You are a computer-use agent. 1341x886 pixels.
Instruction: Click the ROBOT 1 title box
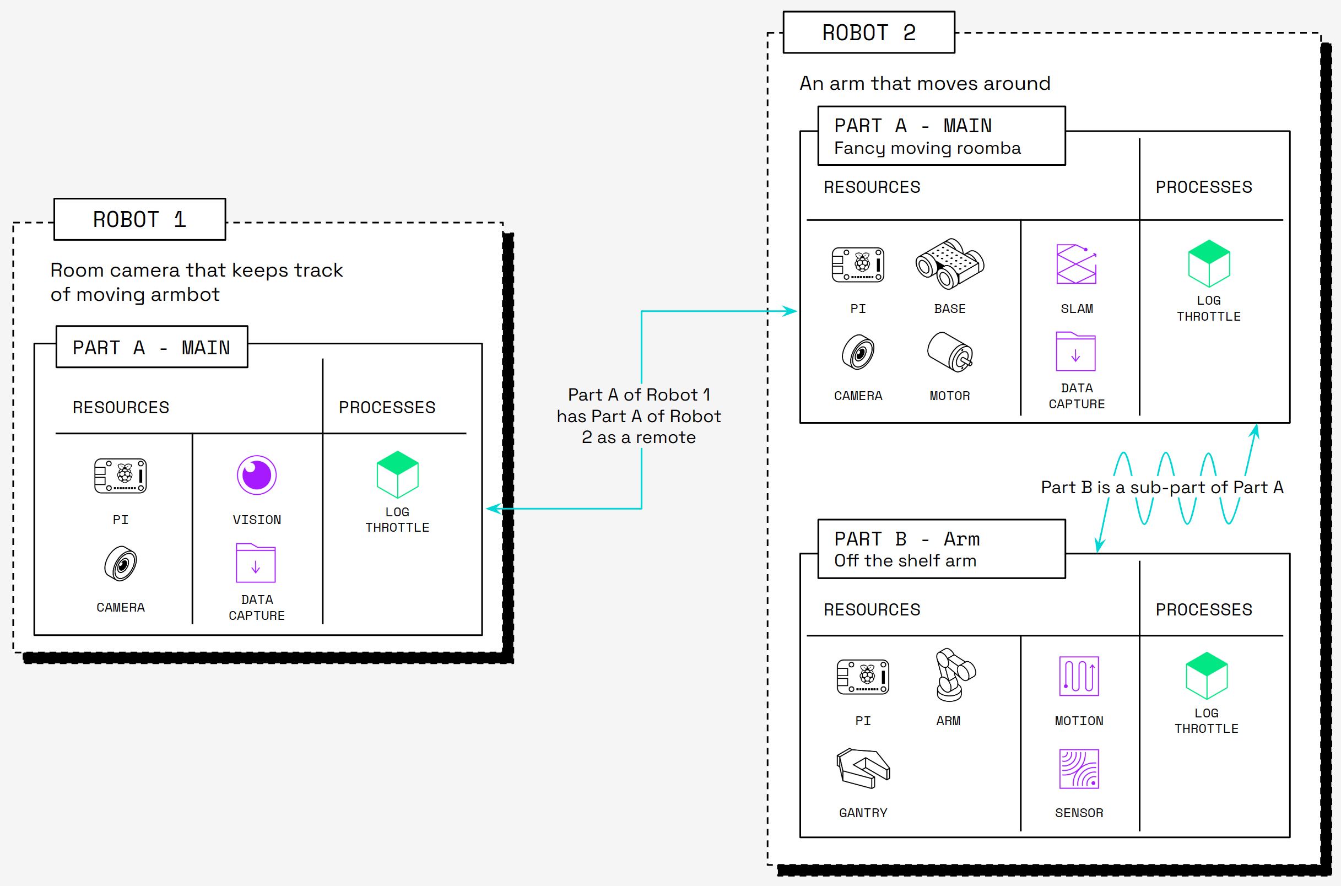[139, 219]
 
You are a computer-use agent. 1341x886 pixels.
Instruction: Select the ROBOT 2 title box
[868, 33]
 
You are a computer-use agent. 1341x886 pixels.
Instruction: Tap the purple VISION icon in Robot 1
[256, 475]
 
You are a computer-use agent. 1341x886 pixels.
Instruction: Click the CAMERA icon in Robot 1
[120, 564]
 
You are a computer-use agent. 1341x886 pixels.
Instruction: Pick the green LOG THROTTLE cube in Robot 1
[398, 474]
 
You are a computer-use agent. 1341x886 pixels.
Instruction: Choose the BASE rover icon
[949, 264]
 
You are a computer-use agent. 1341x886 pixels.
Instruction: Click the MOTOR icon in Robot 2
[949, 352]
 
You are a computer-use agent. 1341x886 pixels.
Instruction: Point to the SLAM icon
[1076, 264]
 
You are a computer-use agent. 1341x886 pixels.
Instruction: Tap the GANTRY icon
[863, 768]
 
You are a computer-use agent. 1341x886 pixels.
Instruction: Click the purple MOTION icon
[1079, 676]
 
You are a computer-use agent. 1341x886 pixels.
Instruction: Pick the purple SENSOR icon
[1079, 769]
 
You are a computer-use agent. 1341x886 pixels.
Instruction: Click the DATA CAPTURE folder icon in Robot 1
[256, 563]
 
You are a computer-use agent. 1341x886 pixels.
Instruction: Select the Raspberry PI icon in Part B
[863, 677]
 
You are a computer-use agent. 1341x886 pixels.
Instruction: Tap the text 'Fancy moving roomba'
[927, 149]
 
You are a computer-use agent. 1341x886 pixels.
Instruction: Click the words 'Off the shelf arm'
[905, 561]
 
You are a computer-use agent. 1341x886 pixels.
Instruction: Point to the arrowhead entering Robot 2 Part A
[791, 311]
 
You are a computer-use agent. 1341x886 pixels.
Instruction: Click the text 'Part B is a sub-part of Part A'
[1162, 488]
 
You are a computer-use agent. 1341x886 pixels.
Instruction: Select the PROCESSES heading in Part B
[1204, 610]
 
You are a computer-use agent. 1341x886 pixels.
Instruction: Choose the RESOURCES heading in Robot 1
[121, 407]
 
